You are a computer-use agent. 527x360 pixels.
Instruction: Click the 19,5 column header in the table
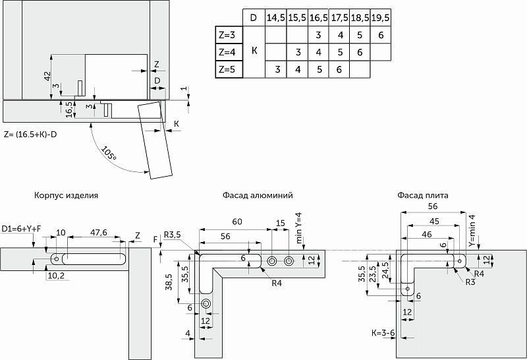379,16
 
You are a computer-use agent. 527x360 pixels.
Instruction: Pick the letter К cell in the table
255,51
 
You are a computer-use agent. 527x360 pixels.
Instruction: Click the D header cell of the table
254,16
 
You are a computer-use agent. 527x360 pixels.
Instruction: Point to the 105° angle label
109,156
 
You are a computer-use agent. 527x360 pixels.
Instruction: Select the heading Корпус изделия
67,196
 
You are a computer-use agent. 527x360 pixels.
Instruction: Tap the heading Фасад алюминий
258,196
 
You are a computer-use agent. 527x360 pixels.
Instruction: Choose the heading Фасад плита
423,196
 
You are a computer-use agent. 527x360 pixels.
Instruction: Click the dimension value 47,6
99,232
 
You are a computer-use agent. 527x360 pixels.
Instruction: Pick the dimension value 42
47,76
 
